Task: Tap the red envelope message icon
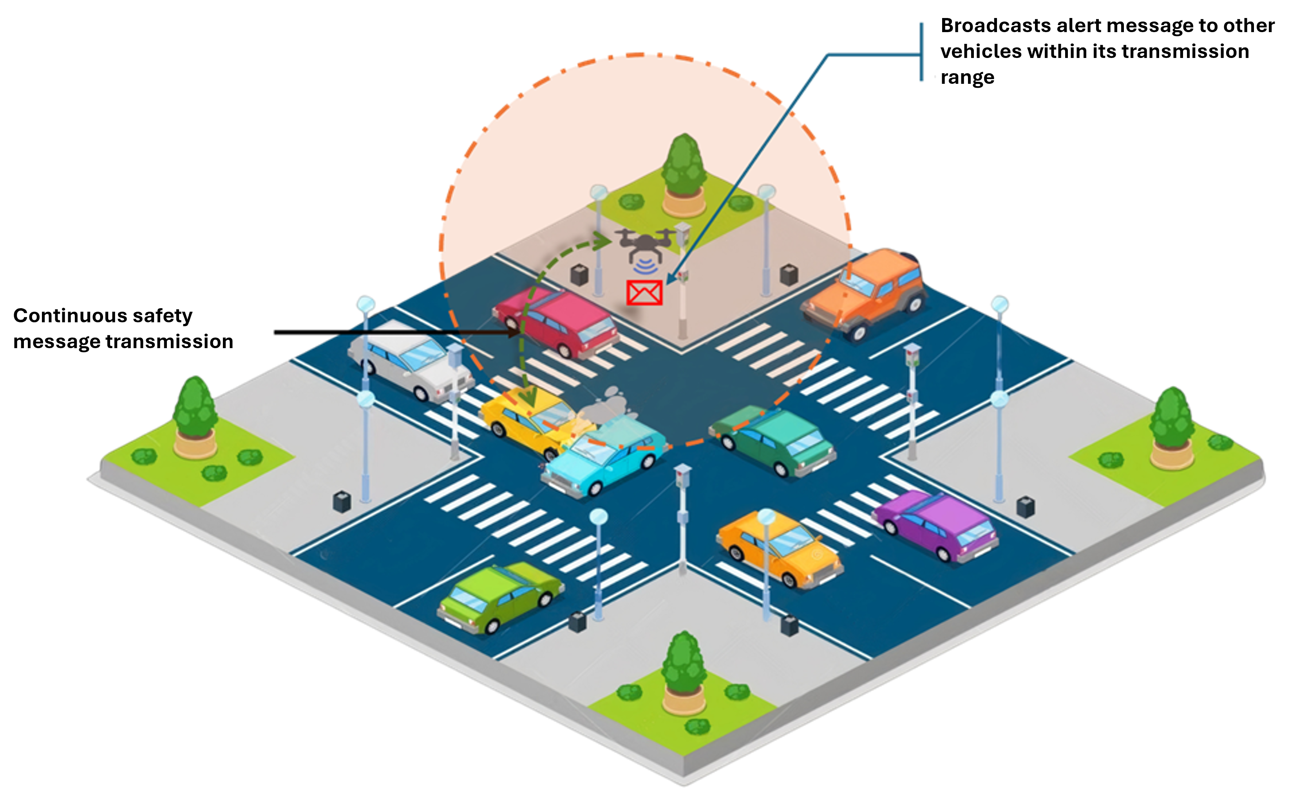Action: click(644, 293)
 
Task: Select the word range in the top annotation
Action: click(968, 78)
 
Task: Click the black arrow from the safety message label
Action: click(395, 332)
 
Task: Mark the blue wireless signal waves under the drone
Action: click(645, 266)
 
